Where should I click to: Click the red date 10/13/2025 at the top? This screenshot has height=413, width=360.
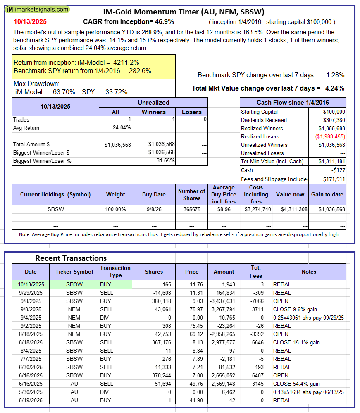coord(31,21)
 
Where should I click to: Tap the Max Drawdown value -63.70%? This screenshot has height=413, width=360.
coord(61,92)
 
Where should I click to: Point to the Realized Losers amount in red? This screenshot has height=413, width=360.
coord(329,136)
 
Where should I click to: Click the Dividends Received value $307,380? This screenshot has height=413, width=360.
coord(333,120)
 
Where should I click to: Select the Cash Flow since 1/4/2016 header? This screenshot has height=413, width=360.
coord(293,103)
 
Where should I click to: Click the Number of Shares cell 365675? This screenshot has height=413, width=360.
coord(191,209)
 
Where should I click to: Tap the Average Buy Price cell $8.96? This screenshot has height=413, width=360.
coord(224,209)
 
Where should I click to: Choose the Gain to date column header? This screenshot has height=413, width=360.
coord(327,194)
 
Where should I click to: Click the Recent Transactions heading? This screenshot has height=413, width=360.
coord(71,258)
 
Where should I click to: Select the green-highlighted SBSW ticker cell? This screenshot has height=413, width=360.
coord(74,284)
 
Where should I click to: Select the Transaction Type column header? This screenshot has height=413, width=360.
coord(115,272)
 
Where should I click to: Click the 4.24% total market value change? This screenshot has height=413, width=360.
coord(335,88)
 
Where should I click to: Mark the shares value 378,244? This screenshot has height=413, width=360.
coord(153,375)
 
